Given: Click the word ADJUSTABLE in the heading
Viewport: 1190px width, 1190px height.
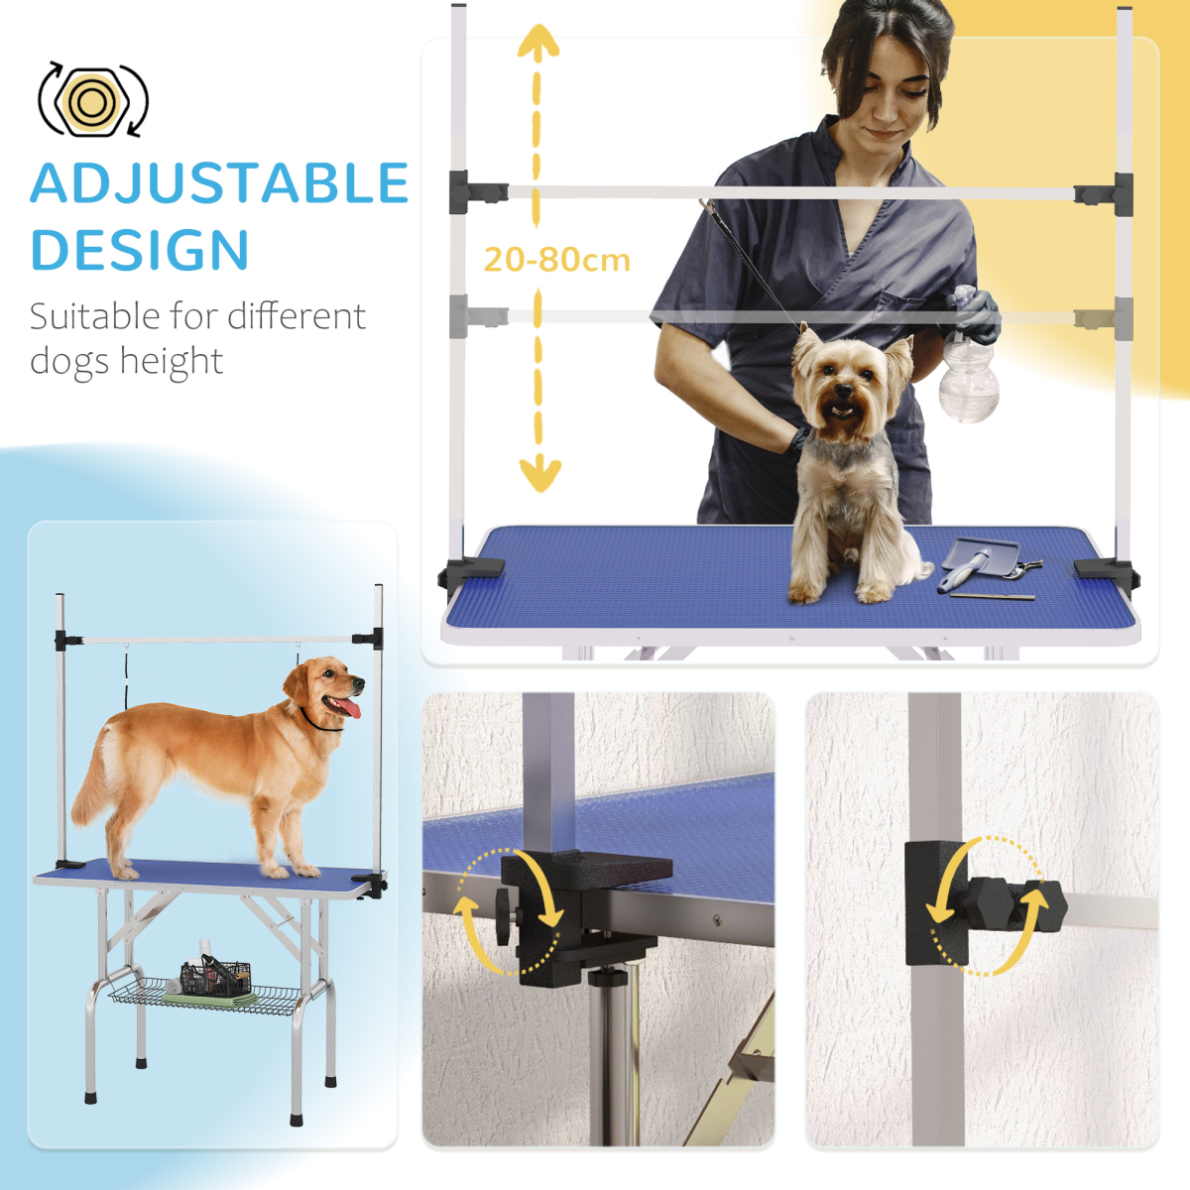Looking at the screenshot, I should [219, 183].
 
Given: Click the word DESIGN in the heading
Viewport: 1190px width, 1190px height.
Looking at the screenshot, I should [140, 250].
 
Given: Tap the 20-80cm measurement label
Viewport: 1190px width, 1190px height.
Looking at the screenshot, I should [556, 260].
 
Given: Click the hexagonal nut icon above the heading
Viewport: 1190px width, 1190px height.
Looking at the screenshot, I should [92, 100].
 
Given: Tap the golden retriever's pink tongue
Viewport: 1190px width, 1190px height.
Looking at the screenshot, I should [348, 707].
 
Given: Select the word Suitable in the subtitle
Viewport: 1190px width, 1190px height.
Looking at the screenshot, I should [94, 316].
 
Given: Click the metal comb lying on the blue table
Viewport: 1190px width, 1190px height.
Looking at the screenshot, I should [993, 596].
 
